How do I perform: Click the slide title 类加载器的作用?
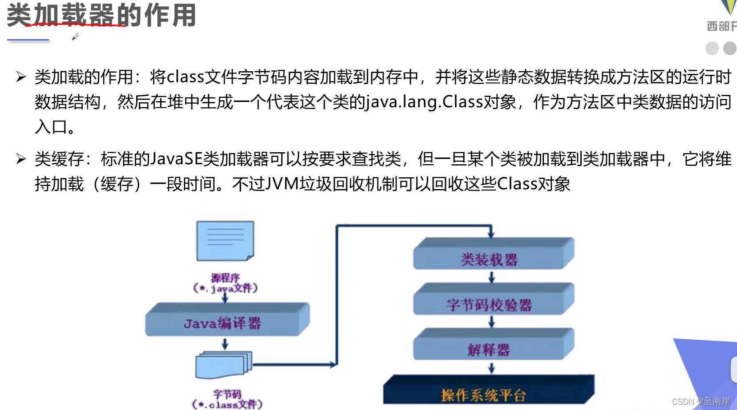(x=101, y=15)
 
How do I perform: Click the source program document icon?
(x=225, y=241)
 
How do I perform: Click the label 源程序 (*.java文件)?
(x=225, y=283)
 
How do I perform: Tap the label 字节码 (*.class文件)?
(x=227, y=399)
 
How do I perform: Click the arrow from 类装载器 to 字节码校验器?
(x=491, y=278)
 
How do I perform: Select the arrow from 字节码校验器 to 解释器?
(x=491, y=322)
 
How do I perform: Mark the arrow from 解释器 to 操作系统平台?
(x=491, y=368)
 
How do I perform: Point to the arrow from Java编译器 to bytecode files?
(x=225, y=344)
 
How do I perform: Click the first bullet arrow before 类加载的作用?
(x=21, y=77)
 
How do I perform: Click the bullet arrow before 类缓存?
(x=21, y=158)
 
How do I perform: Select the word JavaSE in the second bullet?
(x=177, y=159)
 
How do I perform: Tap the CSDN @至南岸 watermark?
(x=701, y=402)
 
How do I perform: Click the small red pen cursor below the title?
(x=75, y=37)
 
